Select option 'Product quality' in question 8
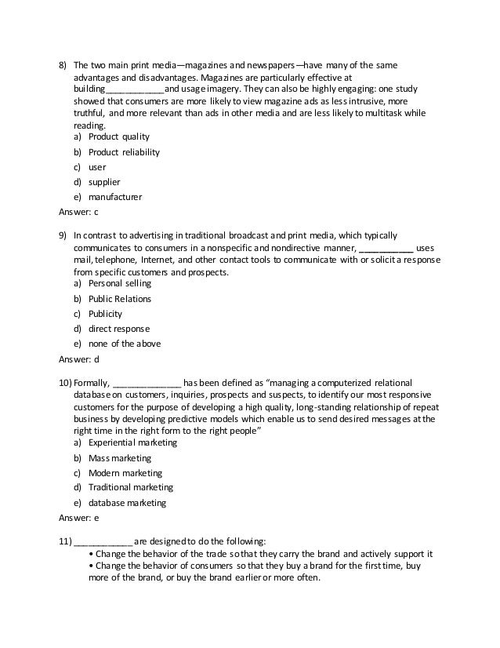coord(118,137)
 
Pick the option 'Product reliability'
coord(124,152)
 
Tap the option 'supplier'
coord(103,182)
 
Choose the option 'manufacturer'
coord(115,197)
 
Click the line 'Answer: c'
coord(79,212)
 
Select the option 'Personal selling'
coord(120,283)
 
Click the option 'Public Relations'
coord(120,299)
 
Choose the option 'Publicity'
coord(105,314)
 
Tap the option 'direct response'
coord(118,329)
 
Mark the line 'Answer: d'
coord(79,359)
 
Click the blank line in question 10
coord(147,383)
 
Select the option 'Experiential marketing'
coord(132,442)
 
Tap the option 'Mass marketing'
coord(120,458)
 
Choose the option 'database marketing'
coord(127,503)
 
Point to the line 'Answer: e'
coord(79,518)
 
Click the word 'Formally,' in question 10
coord(92,382)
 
